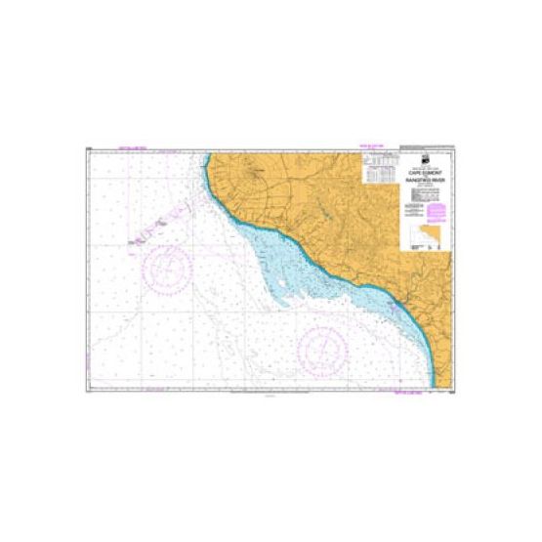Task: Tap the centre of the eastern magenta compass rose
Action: [322, 346]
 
